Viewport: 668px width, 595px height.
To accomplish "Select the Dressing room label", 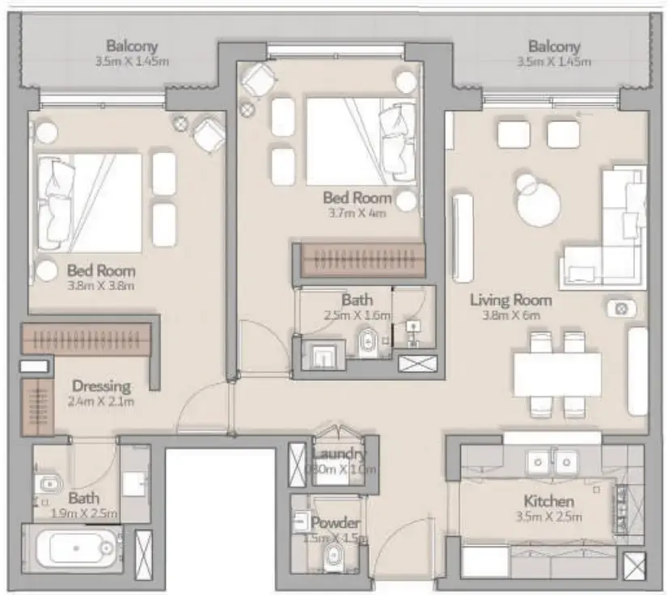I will (101, 386).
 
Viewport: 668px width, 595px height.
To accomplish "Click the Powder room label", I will (335, 523).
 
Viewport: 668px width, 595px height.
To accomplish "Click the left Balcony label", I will (132, 46).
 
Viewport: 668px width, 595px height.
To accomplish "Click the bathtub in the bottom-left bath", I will (74, 549).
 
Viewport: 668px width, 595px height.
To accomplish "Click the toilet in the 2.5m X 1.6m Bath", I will (366, 341).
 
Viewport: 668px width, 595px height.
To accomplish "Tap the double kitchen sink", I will (553, 462).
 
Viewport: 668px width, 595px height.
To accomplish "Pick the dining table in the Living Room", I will (557, 373).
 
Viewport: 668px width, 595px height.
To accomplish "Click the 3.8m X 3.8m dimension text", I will (101, 285).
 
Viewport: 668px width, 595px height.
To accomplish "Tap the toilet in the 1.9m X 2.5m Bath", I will (49, 484).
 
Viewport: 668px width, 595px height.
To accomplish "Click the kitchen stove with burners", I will (621, 508).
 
